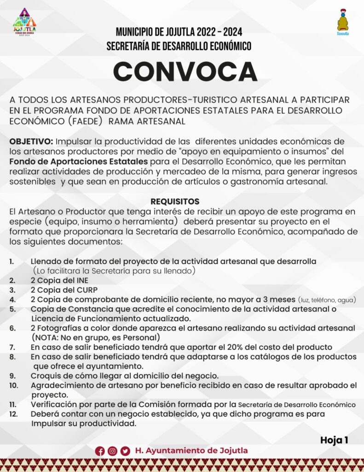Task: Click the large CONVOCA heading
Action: click(x=185, y=72)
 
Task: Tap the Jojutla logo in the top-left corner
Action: click(x=25, y=21)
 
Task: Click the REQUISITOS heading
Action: click(x=175, y=201)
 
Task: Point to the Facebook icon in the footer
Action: click(x=100, y=451)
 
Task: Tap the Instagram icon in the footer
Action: click(x=112, y=451)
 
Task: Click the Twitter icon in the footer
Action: click(x=125, y=451)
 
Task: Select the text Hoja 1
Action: click(x=334, y=440)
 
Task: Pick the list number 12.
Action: click(x=13, y=413)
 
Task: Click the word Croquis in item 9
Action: click(x=45, y=376)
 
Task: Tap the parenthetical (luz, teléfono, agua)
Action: click(x=327, y=300)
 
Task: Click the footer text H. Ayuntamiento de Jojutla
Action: click(x=191, y=451)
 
